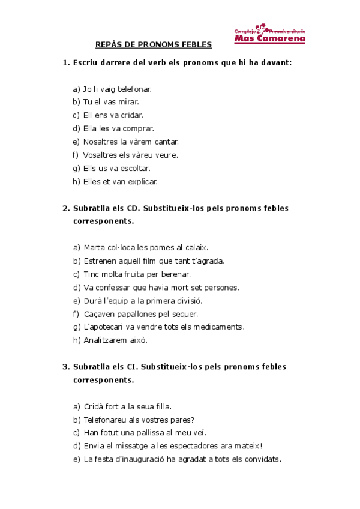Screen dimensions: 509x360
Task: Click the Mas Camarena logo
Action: [269, 34]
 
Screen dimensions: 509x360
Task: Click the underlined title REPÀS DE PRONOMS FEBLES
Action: [154, 44]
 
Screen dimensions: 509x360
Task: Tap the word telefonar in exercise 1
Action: [135, 89]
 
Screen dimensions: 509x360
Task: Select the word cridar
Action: [130, 115]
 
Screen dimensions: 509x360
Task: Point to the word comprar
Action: [140, 128]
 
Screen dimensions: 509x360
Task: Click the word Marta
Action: [95, 247]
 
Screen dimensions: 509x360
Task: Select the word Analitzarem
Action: [107, 340]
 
